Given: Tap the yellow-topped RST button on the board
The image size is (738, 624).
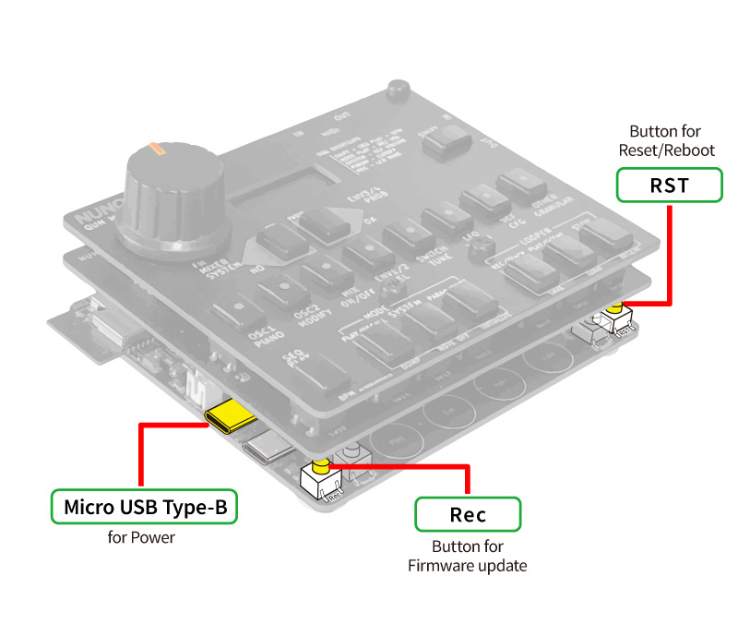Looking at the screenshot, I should point(613,309).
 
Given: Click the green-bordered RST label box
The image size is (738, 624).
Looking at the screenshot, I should point(669,185).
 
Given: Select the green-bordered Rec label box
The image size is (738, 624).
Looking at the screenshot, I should point(468,514).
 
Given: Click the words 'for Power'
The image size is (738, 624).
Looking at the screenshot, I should point(141,536).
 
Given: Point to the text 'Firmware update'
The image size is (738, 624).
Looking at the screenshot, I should point(468,565).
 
